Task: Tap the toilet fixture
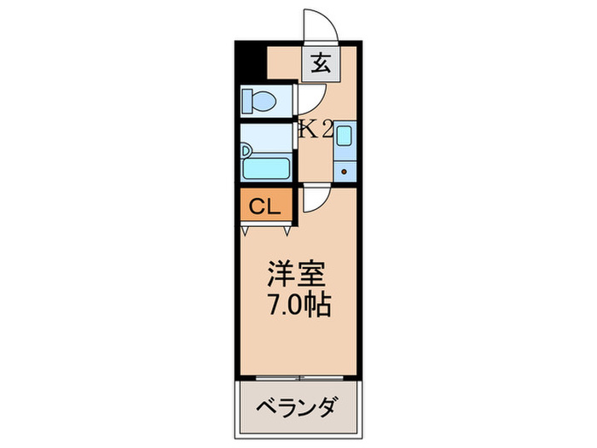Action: tap(261, 102)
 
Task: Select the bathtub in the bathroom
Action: tap(269, 162)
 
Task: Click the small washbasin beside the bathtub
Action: tap(247, 152)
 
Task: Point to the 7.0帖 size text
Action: tap(297, 303)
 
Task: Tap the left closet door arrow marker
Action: tap(246, 229)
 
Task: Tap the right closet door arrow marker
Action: tap(287, 229)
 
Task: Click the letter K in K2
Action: tap(306, 130)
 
